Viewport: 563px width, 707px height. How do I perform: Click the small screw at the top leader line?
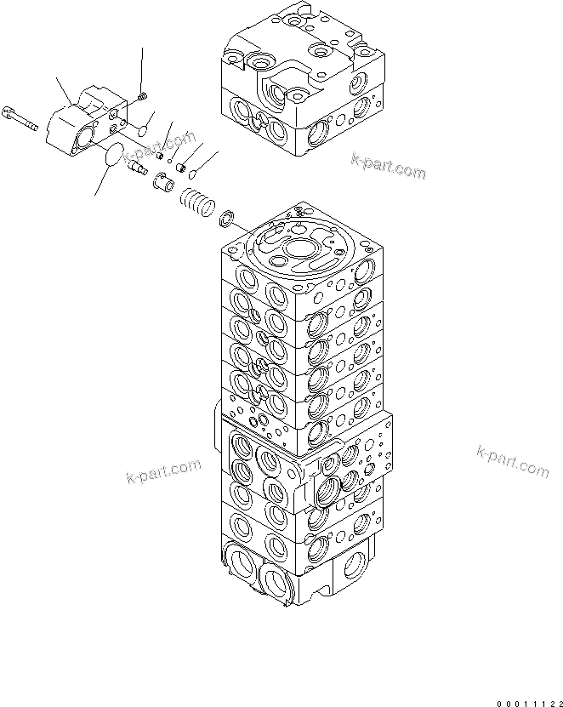click(143, 95)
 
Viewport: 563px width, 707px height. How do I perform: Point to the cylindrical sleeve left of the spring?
click(164, 181)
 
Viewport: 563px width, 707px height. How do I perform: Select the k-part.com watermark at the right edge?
click(512, 460)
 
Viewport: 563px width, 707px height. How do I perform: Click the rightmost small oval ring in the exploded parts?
click(191, 174)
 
